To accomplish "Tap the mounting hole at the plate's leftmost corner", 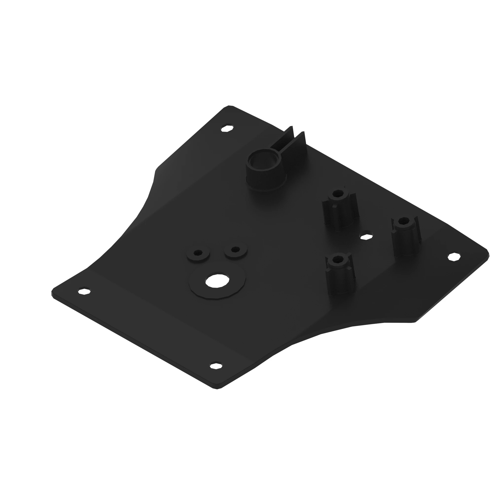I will point(84,291).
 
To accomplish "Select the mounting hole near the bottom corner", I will point(216,366).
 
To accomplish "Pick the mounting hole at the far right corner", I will point(454,257).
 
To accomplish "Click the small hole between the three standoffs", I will point(366,237).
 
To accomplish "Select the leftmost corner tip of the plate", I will point(52,292).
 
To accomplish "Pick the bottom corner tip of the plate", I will point(217,389).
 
